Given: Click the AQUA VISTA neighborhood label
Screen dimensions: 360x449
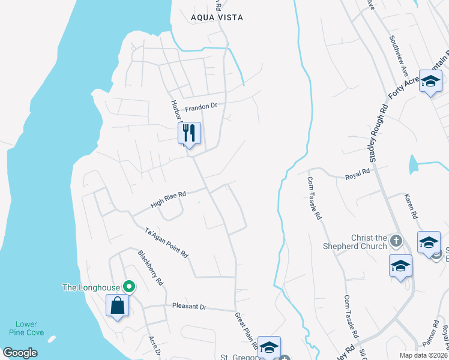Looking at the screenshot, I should pos(217,17).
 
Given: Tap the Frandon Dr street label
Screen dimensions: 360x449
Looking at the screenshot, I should pos(200,107).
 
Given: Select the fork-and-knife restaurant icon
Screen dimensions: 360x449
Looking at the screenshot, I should pos(189,133).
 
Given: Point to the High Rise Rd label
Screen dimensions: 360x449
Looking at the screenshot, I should pos(169,199).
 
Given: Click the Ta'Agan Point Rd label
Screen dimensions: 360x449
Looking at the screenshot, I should pos(167,242).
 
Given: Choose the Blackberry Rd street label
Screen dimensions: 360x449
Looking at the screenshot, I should pos(151,267).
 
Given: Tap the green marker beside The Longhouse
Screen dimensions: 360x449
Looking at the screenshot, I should pos(127,287).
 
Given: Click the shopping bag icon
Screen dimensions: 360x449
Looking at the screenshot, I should pos(118,306).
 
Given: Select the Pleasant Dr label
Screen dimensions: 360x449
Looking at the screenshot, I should pos(189,307).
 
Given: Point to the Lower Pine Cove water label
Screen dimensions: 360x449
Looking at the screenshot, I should pos(26,328).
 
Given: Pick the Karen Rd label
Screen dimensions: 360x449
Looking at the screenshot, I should pos(411,205).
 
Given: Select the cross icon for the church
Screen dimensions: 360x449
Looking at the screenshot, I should pos(396,241).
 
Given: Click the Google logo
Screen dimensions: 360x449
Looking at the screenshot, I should pos(20,353).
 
